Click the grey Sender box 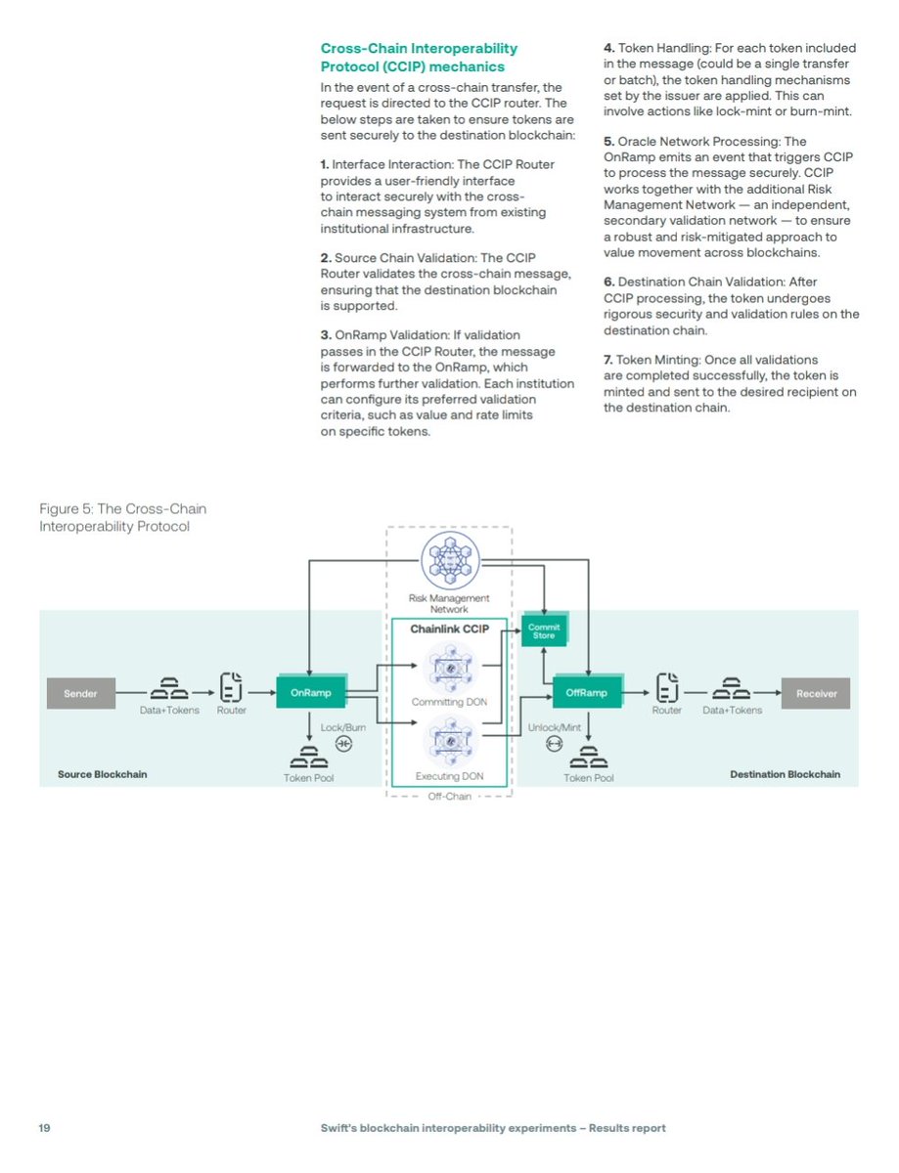coord(80,693)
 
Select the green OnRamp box coord(310,693)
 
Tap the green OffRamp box coord(587,693)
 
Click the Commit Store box coord(544,630)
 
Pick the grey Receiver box coord(816,693)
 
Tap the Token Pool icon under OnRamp coord(308,757)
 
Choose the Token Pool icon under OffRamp coord(589,757)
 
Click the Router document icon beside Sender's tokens coord(232,687)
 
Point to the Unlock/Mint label coord(555,728)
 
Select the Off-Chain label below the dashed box coord(450,797)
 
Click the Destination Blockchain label coord(785,774)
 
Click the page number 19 coord(45,1127)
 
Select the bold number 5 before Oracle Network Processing coord(608,142)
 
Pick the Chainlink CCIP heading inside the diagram coord(449,630)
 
